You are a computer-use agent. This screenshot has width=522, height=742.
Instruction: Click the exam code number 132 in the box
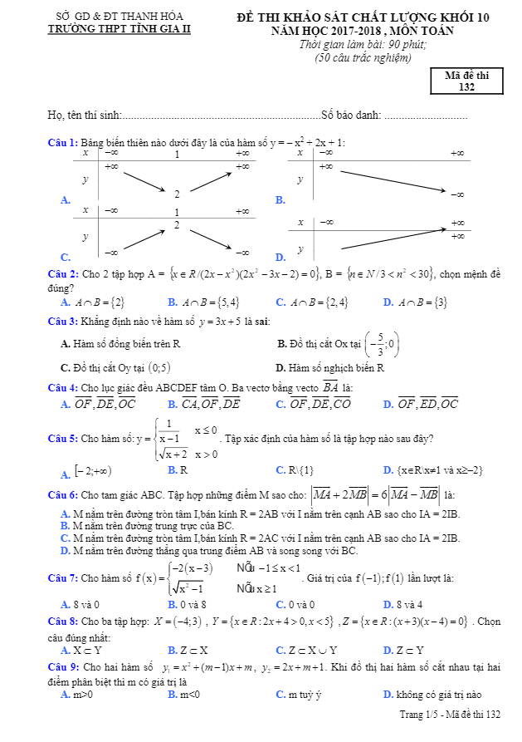tap(466, 86)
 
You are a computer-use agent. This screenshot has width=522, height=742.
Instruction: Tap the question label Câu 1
tap(62, 142)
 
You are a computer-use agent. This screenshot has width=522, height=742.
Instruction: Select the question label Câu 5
tap(62, 439)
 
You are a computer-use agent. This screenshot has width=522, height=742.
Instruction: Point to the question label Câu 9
tap(62, 668)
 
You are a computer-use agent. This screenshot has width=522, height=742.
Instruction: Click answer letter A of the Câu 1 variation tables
tap(65, 199)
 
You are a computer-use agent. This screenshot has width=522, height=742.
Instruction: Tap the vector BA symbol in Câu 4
tap(330, 387)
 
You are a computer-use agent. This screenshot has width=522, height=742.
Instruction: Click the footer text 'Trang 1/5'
tap(417, 714)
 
